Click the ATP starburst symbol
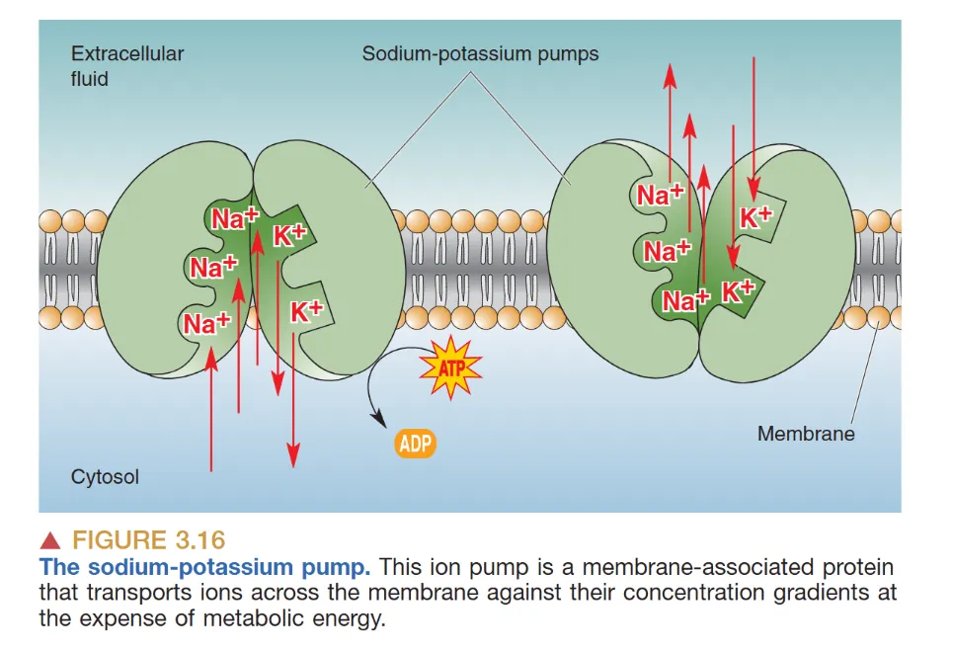click(450, 366)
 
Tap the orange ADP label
click(415, 443)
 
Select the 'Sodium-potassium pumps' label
click(480, 53)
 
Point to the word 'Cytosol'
click(105, 477)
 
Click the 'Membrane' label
click(806, 433)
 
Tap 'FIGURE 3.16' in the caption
click(149, 540)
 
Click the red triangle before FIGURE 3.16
click(51, 540)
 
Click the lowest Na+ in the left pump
click(206, 322)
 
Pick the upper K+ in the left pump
click(290, 235)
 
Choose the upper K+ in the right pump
click(757, 217)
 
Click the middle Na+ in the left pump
click(214, 266)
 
